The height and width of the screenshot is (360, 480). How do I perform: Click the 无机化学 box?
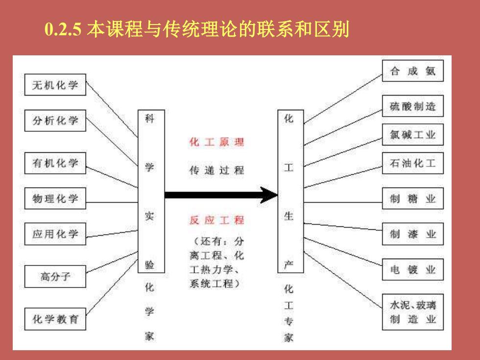tap(55, 84)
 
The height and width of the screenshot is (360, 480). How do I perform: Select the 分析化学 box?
tap(55, 120)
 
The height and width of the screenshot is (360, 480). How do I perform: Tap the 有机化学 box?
tap(55, 163)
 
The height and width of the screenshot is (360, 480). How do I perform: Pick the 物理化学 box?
tap(55, 198)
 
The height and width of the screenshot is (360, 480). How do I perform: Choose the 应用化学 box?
tap(55, 234)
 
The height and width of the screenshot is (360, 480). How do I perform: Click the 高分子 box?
tap(55, 276)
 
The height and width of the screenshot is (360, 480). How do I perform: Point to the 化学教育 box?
tap(55, 319)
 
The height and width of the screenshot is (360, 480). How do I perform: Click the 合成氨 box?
tap(412, 71)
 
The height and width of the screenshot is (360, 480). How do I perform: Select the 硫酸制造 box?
tap(412, 106)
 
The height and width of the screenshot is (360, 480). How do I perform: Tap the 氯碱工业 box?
tap(412, 134)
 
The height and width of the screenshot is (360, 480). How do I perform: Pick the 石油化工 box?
tap(412, 163)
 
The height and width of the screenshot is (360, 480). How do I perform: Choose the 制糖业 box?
tap(412, 198)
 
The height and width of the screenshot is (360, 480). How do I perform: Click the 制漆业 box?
tap(412, 234)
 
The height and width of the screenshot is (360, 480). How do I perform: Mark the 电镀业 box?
tap(412, 269)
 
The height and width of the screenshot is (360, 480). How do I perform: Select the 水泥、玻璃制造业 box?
tap(412, 312)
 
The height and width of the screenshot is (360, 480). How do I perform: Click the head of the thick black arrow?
tap(269, 195)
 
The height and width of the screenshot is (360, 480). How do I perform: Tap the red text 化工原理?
tap(216, 142)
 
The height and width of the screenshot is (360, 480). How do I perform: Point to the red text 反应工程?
tap(216, 220)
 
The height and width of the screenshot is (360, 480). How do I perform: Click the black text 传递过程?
tap(216, 170)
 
